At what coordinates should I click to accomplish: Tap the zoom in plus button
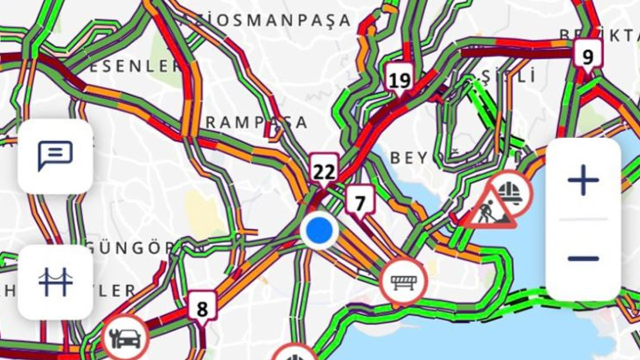[583, 180]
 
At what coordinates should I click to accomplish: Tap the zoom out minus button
[583, 259]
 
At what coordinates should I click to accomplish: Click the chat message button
[55, 156]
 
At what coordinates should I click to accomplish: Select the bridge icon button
[55, 282]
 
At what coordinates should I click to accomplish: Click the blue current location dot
[319, 230]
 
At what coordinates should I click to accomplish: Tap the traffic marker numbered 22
[324, 171]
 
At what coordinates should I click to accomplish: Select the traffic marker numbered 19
[399, 80]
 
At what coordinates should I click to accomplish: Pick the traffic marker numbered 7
[361, 203]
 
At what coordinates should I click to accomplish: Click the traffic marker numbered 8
[202, 309]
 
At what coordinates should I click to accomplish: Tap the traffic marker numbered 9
[588, 55]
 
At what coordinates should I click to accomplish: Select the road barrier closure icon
[403, 282]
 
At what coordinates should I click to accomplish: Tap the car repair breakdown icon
[125, 338]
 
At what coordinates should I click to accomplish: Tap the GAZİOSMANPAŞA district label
[267, 20]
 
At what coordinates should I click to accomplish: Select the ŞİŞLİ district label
[509, 77]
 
